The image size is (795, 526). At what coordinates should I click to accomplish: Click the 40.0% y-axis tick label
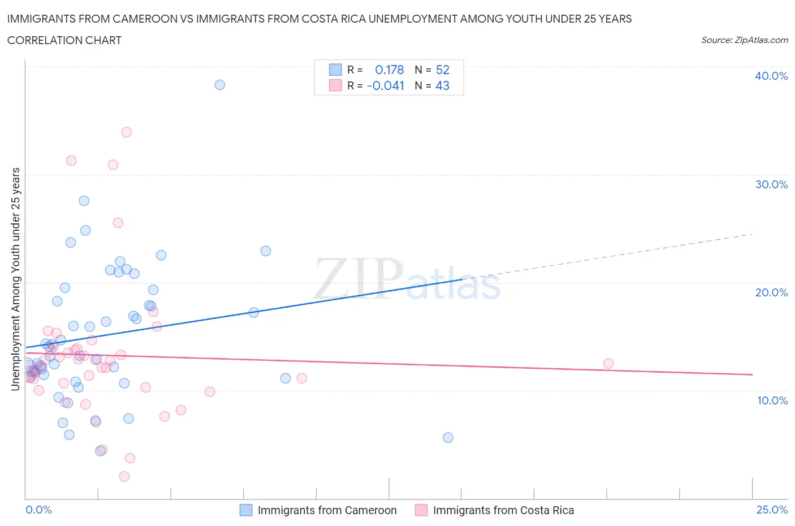[x=771, y=76]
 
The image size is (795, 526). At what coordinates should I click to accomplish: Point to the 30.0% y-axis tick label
[x=771, y=184]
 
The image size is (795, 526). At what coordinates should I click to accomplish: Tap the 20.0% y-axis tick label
[x=771, y=292]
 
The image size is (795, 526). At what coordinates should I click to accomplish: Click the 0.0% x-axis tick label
[x=38, y=510]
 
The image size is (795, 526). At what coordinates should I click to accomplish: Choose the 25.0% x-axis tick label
[x=772, y=510]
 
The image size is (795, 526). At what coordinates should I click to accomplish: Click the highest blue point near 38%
[x=219, y=85]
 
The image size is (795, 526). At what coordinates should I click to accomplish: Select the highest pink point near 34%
[x=127, y=132]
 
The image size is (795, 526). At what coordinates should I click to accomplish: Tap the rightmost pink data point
[x=608, y=363]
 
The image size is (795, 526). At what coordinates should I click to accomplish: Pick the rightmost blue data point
[x=448, y=437]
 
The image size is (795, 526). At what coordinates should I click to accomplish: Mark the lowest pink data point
[x=124, y=476]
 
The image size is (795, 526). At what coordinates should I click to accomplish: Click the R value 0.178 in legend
[x=389, y=70]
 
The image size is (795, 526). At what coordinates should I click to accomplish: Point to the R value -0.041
[x=385, y=85]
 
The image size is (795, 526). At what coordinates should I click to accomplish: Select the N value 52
[x=442, y=70]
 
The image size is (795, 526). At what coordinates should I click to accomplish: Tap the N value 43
[x=442, y=85]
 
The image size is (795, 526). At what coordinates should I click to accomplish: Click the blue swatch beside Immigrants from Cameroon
[x=246, y=510]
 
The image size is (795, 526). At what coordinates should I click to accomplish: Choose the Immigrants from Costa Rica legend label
[x=503, y=510]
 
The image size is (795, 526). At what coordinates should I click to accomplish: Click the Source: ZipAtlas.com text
[x=744, y=40]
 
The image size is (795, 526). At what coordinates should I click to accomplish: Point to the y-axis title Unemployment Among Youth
[x=15, y=279]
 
